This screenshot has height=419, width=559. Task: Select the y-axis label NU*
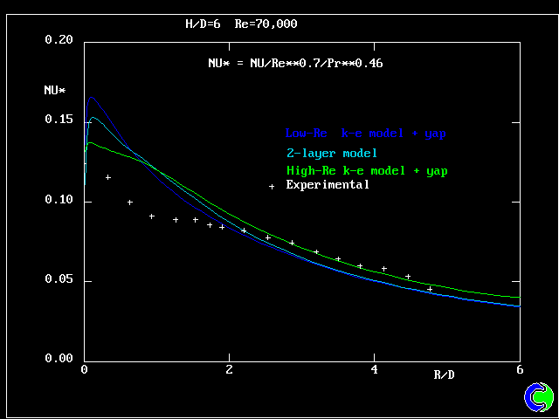(x=55, y=89)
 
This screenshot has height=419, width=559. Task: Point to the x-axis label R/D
(x=445, y=374)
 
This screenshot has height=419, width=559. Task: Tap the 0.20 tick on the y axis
(x=59, y=40)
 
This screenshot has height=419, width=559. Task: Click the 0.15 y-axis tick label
(x=59, y=120)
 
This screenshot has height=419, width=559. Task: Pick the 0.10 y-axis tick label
(x=59, y=201)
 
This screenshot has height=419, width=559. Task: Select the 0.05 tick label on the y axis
(x=59, y=281)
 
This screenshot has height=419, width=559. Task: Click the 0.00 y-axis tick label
(x=59, y=359)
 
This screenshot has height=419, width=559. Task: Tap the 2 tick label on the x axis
(x=229, y=369)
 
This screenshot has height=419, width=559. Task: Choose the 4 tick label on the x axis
(x=374, y=369)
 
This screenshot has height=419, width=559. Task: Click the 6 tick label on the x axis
(x=520, y=369)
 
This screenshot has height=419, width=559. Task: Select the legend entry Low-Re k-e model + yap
(x=366, y=134)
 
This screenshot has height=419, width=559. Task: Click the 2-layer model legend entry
(x=331, y=153)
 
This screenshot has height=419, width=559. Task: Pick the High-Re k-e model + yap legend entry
(x=367, y=171)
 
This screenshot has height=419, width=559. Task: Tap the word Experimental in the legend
(x=328, y=184)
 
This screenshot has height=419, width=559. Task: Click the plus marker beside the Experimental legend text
(x=272, y=186)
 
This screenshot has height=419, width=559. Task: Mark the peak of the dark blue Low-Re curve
(x=91, y=97)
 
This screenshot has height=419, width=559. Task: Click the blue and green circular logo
(x=539, y=396)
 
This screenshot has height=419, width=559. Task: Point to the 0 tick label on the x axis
(x=84, y=369)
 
